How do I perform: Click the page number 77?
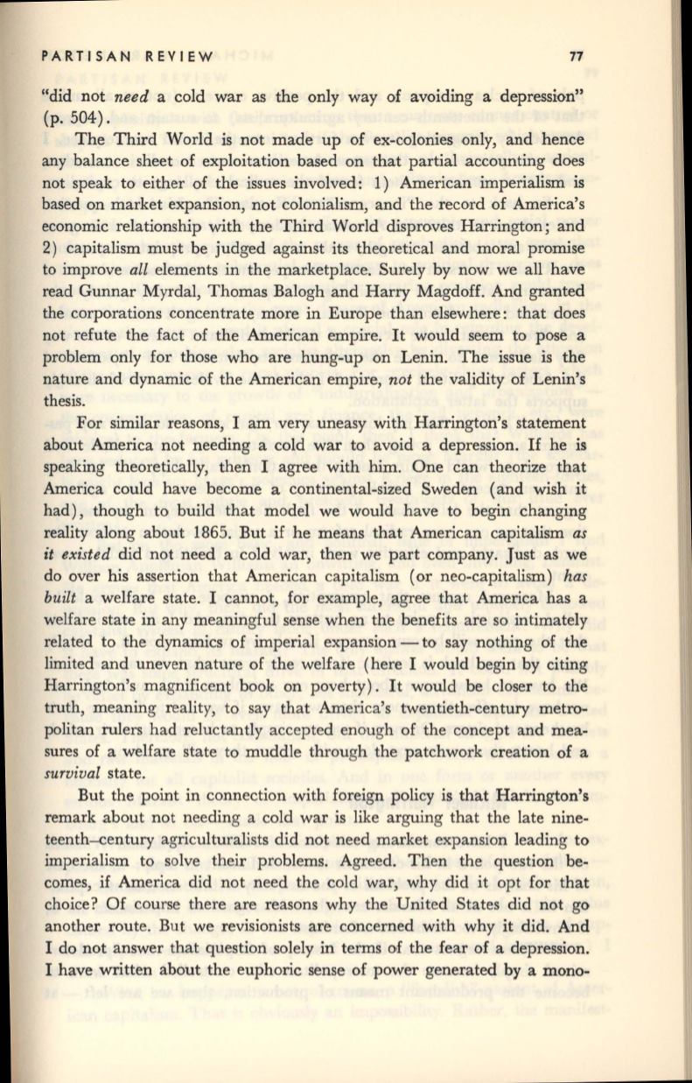click(576, 58)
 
